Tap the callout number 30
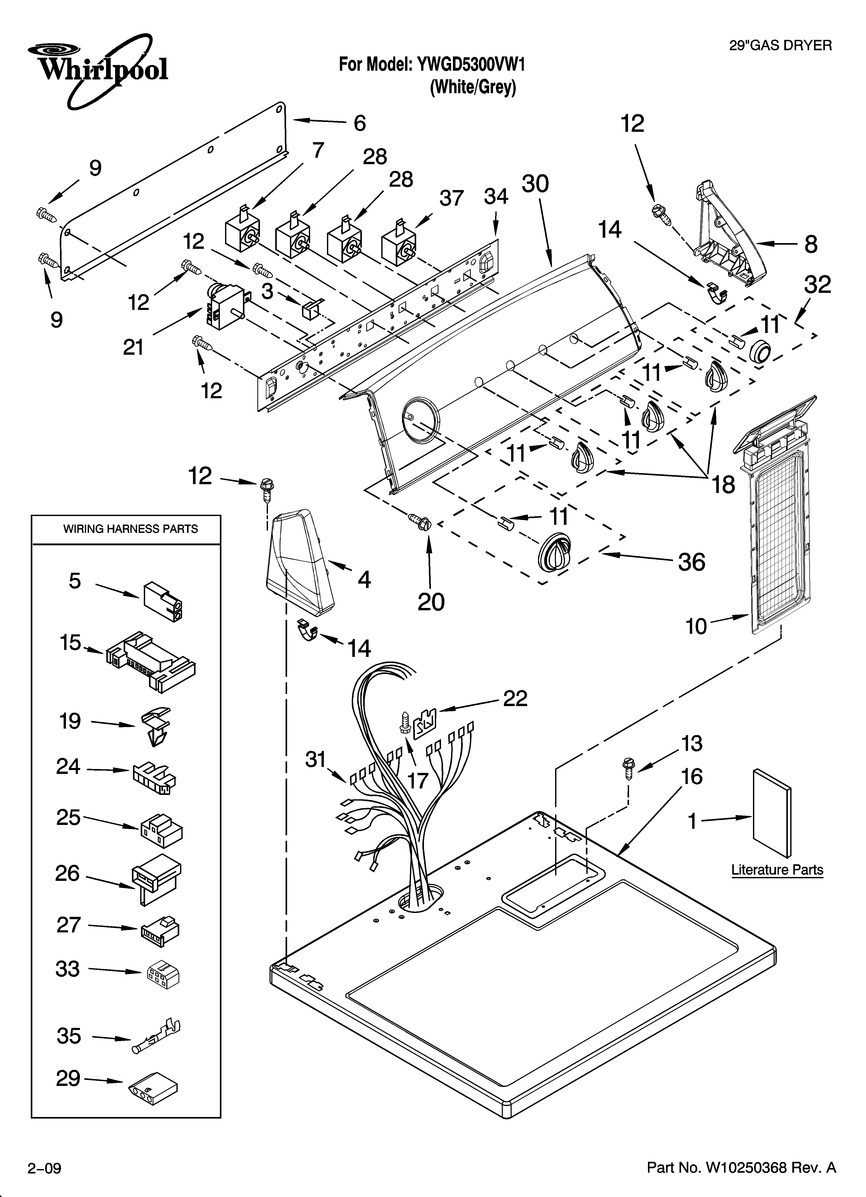click(x=535, y=184)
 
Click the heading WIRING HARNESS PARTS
click(x=130, y=529)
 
